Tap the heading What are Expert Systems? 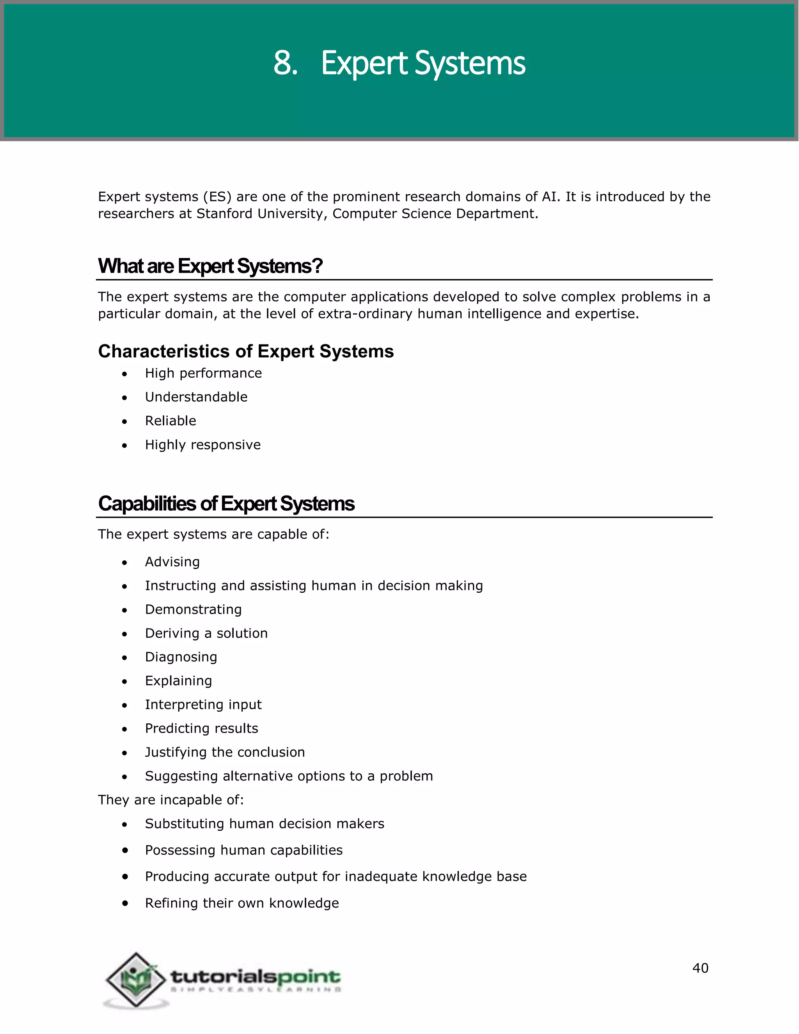click(x=210, y=266)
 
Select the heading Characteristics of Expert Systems click(x=246, y=351)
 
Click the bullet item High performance click(x=203, y=373)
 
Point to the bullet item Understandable click(x=196, y=397)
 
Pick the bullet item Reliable click(x=170, y=421)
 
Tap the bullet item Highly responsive click(x=202, y=445)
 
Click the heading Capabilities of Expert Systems click(x=226, y=504)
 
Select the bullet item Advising click(x=172, y=562)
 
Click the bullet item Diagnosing click(x=181, y=657)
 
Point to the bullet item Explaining click(x=178, y=681)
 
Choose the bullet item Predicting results click(x=202, y=728)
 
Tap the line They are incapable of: click(x=171, y=800)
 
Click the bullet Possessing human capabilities click(x=244, y=850)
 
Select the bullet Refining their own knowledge click(x=242, y=903)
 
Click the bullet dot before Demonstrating click(x=124, y=611)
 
